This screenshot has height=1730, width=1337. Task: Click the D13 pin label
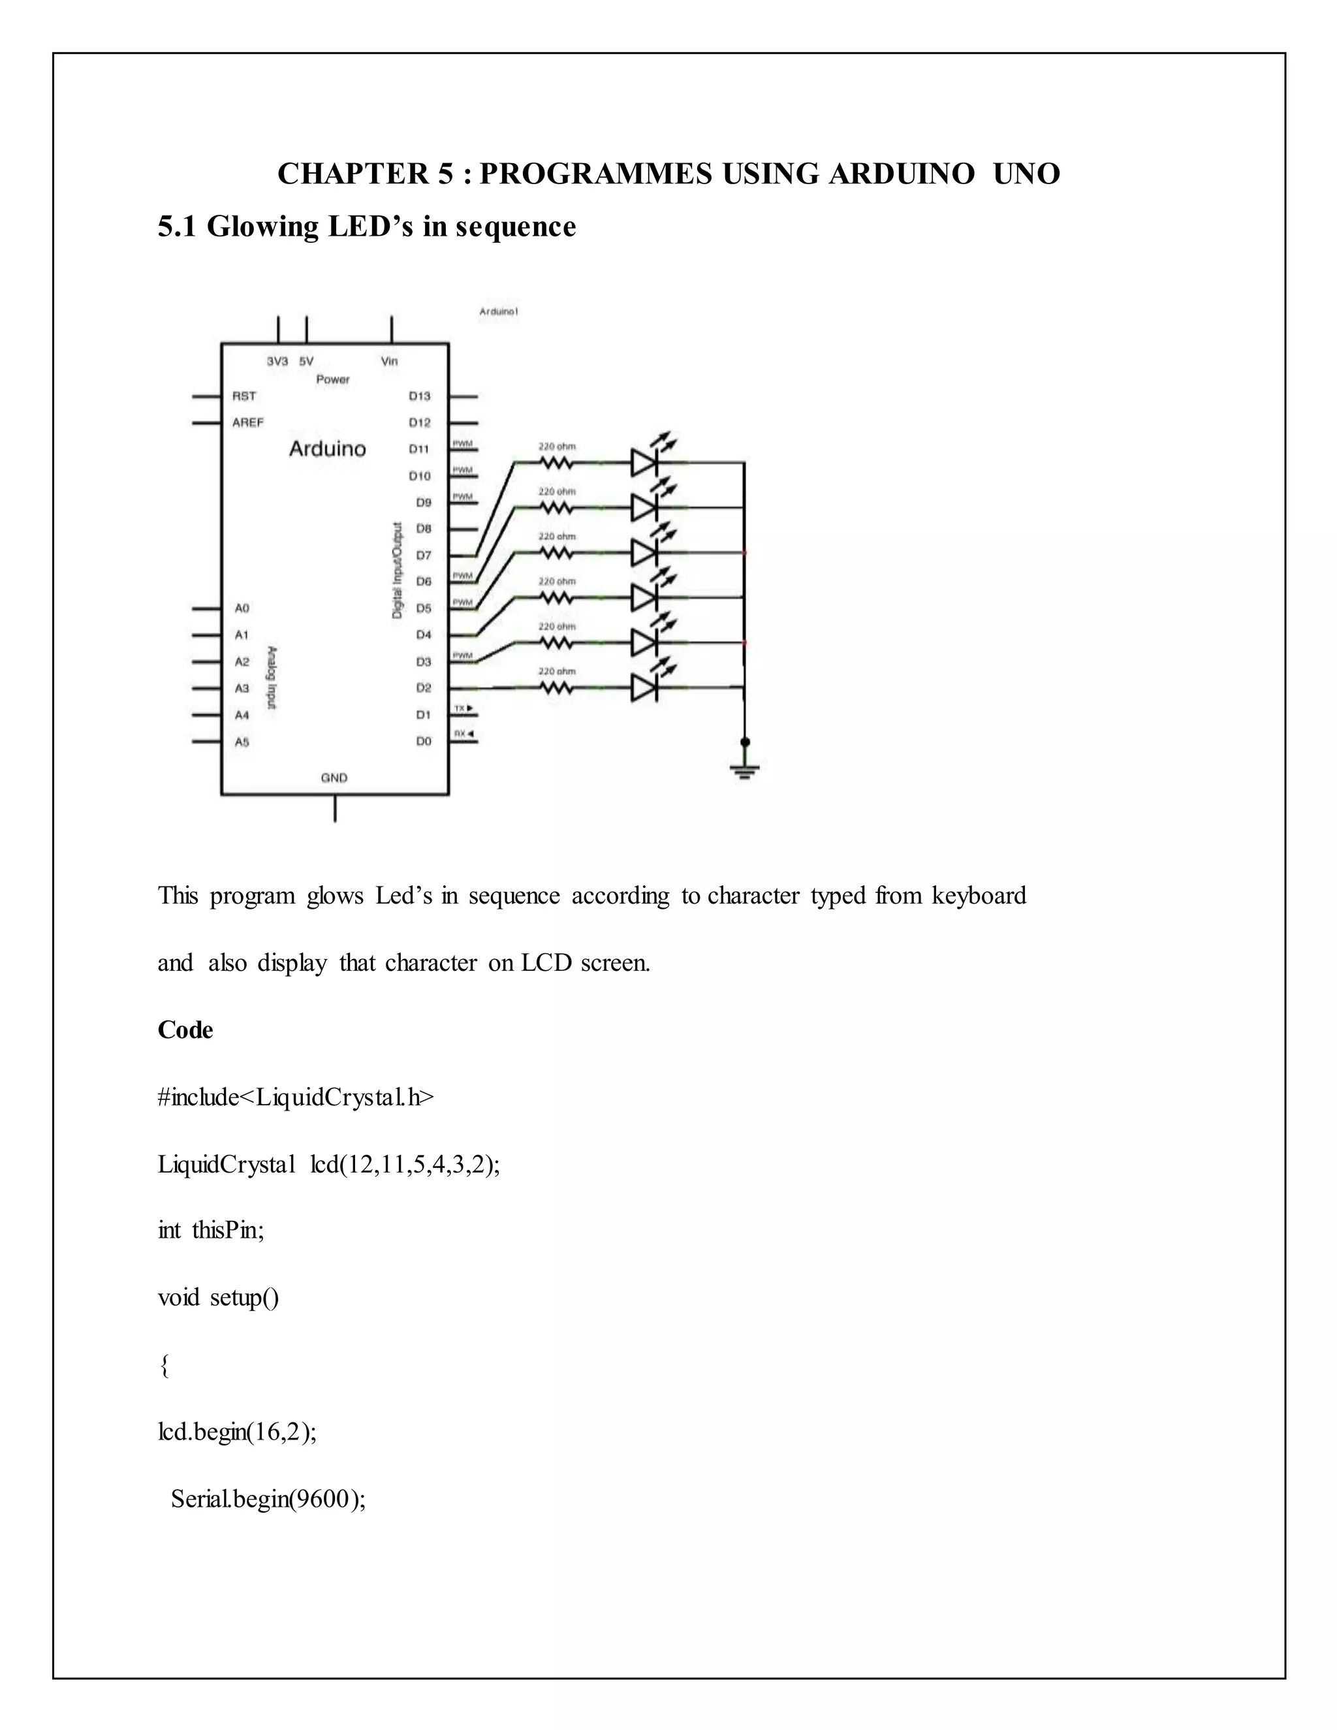tap(420, 396)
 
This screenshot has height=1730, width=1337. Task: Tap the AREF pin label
tap(248, 423)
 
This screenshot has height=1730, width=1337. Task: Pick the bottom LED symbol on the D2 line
tap(645, 687)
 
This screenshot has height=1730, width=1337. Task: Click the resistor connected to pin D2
tap(557, 688)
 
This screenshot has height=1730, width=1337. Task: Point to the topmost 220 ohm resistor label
tap(557, 447)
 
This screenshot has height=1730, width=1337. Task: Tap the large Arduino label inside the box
tap(327, 449)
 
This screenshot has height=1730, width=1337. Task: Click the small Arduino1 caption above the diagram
tap(498, 312)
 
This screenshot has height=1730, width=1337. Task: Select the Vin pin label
tap(390, 361)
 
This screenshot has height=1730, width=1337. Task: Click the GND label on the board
tap(334, 778)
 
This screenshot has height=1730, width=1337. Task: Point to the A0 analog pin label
tap(242, 608)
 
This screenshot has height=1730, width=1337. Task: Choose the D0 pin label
tap(424, 742)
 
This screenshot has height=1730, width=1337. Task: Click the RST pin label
tap(244, 396)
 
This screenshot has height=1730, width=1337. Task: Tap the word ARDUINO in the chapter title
tap(902, 174)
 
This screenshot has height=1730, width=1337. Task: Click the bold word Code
tap(185, 1030)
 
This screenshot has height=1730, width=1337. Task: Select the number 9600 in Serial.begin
tap(321, 1500)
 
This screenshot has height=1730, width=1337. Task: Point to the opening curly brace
tap(165, 1366)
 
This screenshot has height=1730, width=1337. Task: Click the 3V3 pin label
tap(277, 361)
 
